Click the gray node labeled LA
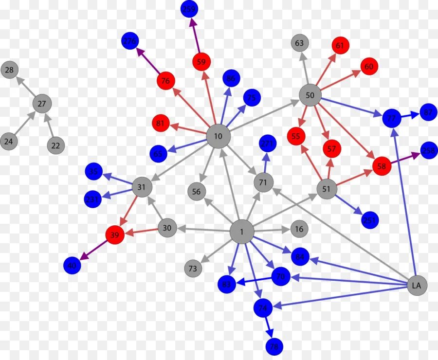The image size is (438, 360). [x=417, y=286]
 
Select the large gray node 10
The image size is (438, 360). [x=218, y=136]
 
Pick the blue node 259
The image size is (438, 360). [x=189, y=9]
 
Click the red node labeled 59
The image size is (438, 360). [x=201, y=62]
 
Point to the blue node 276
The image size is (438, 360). [x=130, y=41]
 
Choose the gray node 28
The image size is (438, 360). [x=9, y=71]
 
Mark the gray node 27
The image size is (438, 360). [x=42, y=103]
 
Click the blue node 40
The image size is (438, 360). [x=72, y=265]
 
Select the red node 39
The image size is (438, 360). [x=114, y=235]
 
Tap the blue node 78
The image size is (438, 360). [x=274, y=347]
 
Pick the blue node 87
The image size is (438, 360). [x=428, y=112]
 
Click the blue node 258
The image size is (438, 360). [x=428, y=151]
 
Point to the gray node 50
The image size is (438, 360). [x=310, y=95]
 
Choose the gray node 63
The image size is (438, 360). [x=299, y=43]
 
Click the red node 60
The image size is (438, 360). [x=369, y=67]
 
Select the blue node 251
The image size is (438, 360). [x=370, y=220]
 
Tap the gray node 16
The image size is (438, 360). [x=299, y=229]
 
